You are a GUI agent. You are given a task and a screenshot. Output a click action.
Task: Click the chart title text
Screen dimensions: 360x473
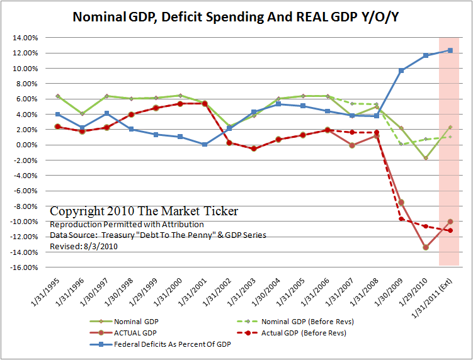click(x=236, y=17)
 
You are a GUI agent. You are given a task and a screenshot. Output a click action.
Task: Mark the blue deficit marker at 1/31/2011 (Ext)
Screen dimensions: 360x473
click(x=450, y=50)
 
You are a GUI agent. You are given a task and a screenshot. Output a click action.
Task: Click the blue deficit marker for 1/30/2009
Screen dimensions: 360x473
click(x=401, y=70)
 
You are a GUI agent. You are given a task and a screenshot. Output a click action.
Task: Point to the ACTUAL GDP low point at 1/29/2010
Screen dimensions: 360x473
click(x=426, y=247)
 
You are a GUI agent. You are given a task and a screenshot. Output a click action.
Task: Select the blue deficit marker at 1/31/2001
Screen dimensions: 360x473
click(x=205, y=144)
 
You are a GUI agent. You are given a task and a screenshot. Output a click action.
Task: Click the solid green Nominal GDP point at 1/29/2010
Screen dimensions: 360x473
click(x=426, y=158)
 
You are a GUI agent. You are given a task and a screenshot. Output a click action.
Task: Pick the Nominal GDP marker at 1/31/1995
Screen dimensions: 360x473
click(x=58, y=96)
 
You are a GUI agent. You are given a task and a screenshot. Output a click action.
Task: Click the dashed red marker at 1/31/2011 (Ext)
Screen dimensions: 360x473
click(x=450, y=230)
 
